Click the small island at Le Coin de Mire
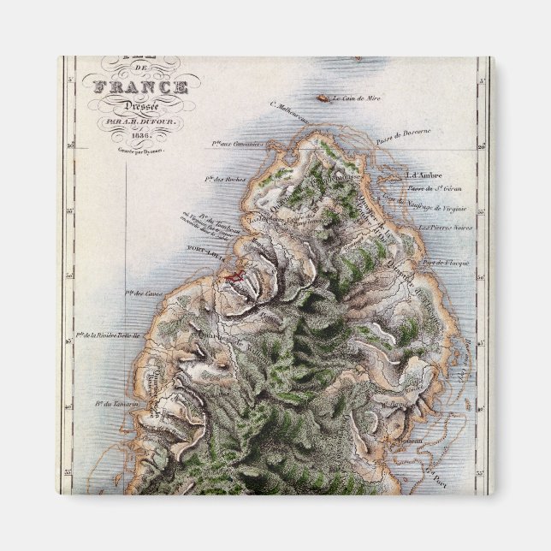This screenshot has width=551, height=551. coord(323,98)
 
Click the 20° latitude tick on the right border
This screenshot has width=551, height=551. coord(483,146)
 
